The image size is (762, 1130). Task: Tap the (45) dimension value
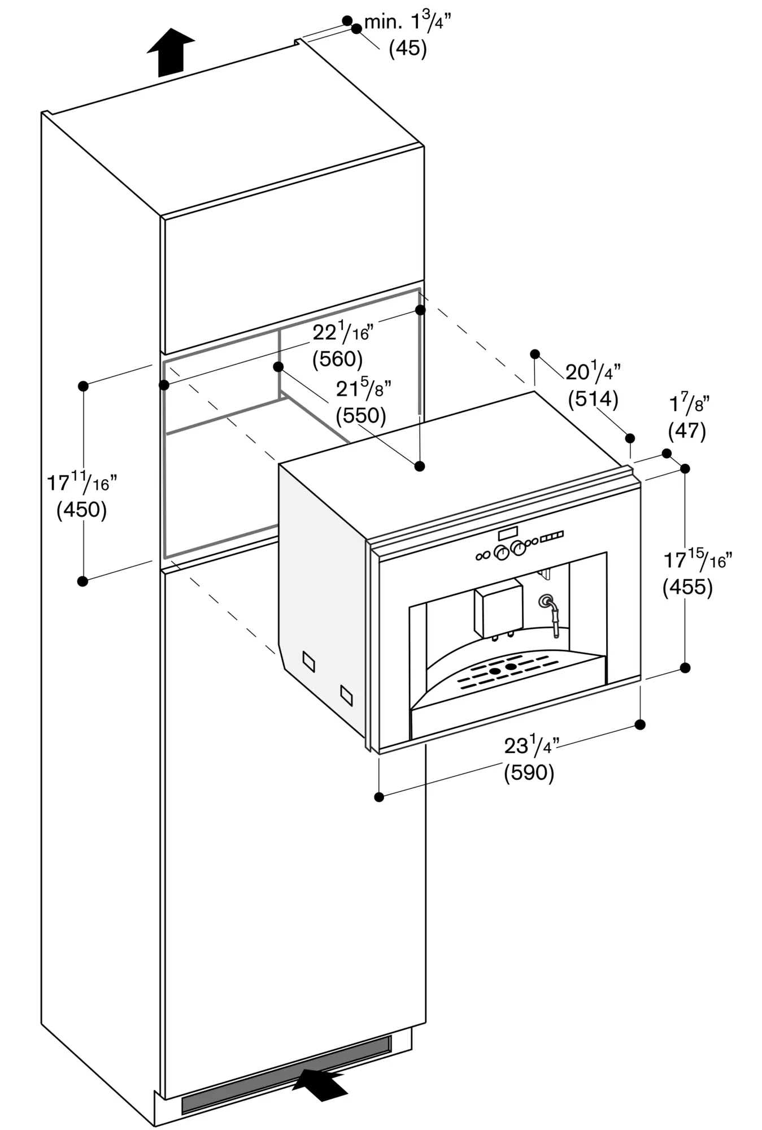pyautogui.click(x=407, y=49)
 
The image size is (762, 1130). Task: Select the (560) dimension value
pyautogui.click(x=337, y=359)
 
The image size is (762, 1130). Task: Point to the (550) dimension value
pyautogui.click(x=361, y=416)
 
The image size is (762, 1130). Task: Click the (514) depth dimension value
pyautogui.click(x=593, y=399)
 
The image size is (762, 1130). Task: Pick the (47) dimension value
pyautogui.click(x=687, y=432)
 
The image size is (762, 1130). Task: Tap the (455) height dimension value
pyautogui.click(x=687, y=587)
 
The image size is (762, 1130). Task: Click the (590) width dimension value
pyautogui.click(x=529, y=772)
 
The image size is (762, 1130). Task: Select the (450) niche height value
pyautogui.click(x=82, y=510)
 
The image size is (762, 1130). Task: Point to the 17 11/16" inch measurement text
pyautogui.click(x=81, y=483)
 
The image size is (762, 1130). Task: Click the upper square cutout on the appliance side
pyautogui.click(x=308, y=661)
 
